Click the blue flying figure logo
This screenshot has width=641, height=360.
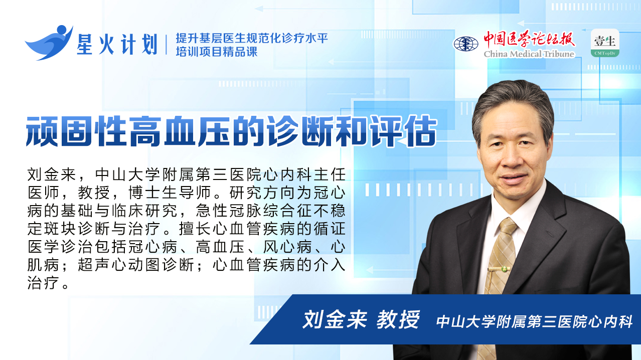(x=49, y=43)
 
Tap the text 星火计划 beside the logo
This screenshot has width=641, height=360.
(x=117, y=44)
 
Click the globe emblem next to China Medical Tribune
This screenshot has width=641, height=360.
(x=465, y=44)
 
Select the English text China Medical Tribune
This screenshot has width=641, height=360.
(x=529, y=54)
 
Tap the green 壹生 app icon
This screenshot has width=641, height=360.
(x=605, y=43)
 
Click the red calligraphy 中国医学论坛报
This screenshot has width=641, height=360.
(x=529, y=39)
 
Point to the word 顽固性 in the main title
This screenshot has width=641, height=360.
(x=77, y=131)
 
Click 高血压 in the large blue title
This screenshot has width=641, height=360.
(x=180, y=131)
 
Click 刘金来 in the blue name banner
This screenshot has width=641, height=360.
(x=335, y=320)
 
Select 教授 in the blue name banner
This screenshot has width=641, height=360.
(x=398, y=320)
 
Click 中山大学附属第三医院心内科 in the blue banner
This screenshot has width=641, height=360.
(x=534, y=321)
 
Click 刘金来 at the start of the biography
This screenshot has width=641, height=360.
(x=52, y=174)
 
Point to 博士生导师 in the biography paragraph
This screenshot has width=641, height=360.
(x=170, y=193)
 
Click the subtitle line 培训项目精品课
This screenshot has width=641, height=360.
(x=217, y=52)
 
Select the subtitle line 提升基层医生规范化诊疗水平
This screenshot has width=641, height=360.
(x=252, y=38)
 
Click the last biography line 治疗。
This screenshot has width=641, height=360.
(x=48, y=283)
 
